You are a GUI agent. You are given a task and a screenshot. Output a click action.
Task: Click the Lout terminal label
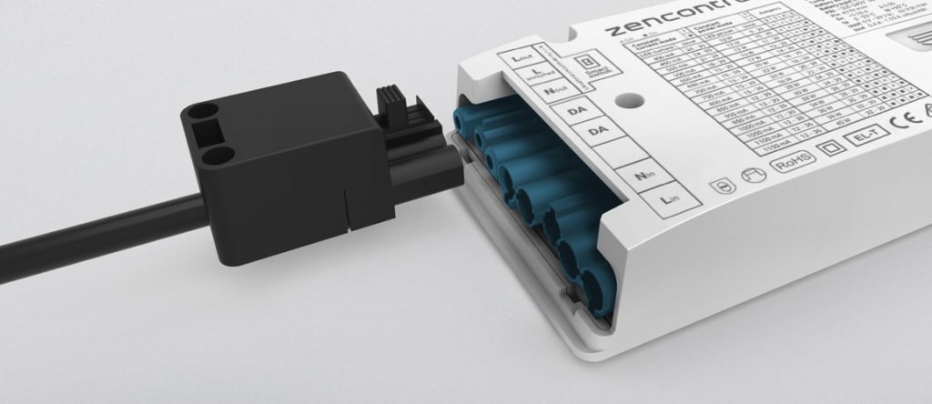522,58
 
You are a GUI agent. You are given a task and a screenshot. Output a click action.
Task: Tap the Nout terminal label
549,91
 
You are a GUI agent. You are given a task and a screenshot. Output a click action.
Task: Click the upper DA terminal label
576,112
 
